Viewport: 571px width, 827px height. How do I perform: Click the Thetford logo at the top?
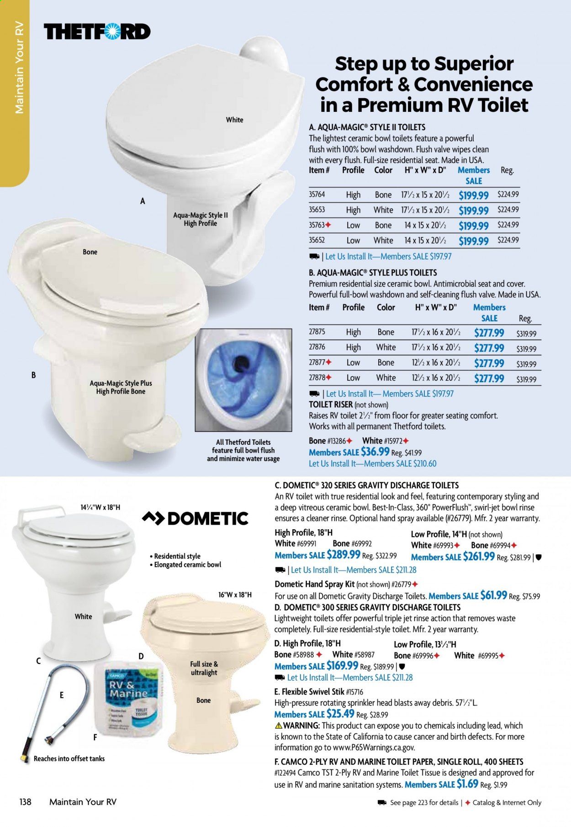click(x=97, y=32)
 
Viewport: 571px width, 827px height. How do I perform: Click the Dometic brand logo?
click(x=196, y=518)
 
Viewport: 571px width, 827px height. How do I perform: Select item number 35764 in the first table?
click(x=317, y=195)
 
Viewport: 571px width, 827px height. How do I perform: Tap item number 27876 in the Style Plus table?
click(x=317, y=347)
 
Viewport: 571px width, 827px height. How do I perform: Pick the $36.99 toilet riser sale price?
click(x=375, y=452)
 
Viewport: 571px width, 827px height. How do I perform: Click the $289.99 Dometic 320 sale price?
click(x=343, y=555)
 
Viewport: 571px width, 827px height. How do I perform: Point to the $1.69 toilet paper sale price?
click(x=466, y=784)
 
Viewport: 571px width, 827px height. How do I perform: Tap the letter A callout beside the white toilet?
click(x=143, y=201)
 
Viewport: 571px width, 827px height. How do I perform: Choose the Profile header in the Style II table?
click(x=353, y=170)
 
